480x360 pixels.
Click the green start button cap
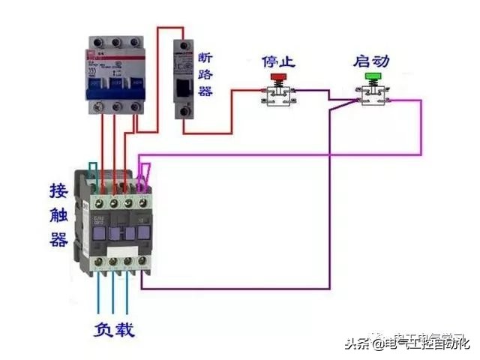tap(371, 76)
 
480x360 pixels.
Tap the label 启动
tap(371, 60)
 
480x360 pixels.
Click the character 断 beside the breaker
tap(205, 58)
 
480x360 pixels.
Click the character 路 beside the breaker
tap(205, 74)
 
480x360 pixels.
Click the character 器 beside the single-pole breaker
tap(205, 91)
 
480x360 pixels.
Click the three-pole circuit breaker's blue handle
tap(115, 85)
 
